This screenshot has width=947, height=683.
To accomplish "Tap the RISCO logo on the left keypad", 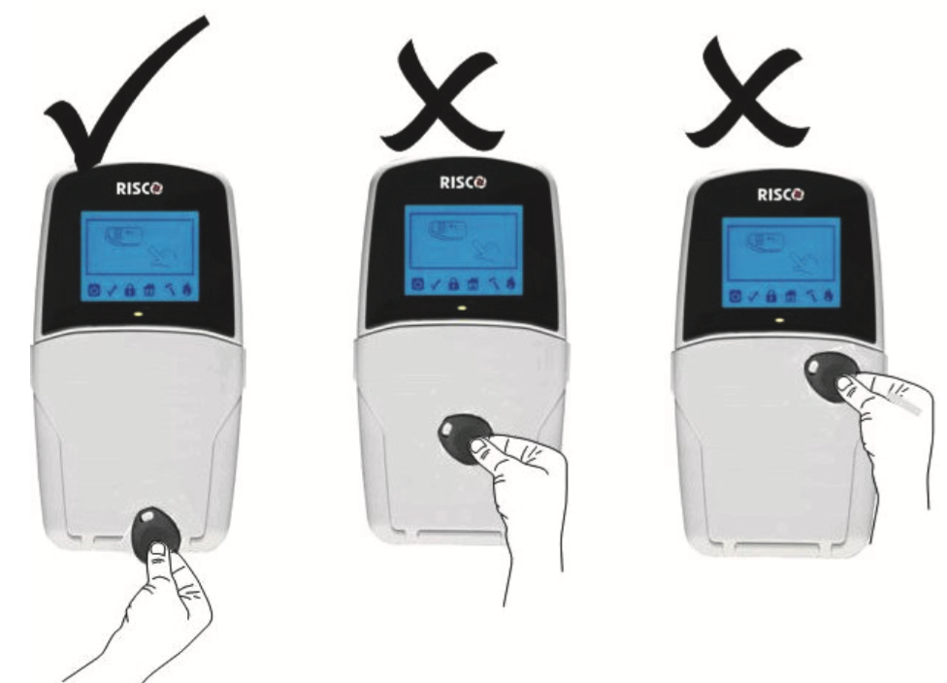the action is pos(140,189).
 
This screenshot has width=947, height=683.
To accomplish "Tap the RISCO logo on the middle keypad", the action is pos(463,182).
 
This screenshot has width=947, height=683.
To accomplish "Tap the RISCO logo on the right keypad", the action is pos(780,195).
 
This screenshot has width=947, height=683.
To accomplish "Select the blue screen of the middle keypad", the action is pos(463,250).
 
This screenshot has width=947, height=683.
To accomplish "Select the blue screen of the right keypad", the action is pos(781,263).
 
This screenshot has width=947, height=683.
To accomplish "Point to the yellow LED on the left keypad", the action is pos(139,314).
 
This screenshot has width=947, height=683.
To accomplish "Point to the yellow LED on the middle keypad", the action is pos(463,308).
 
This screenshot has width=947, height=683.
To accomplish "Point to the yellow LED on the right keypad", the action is pos(780,320).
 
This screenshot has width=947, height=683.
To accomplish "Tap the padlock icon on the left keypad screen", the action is pos(130,290).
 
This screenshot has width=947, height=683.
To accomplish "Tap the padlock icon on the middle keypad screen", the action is pos(453,284).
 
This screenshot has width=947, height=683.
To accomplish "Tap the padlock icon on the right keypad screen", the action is pos(771,297).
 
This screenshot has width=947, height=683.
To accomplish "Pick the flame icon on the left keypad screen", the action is pos(188,290).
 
